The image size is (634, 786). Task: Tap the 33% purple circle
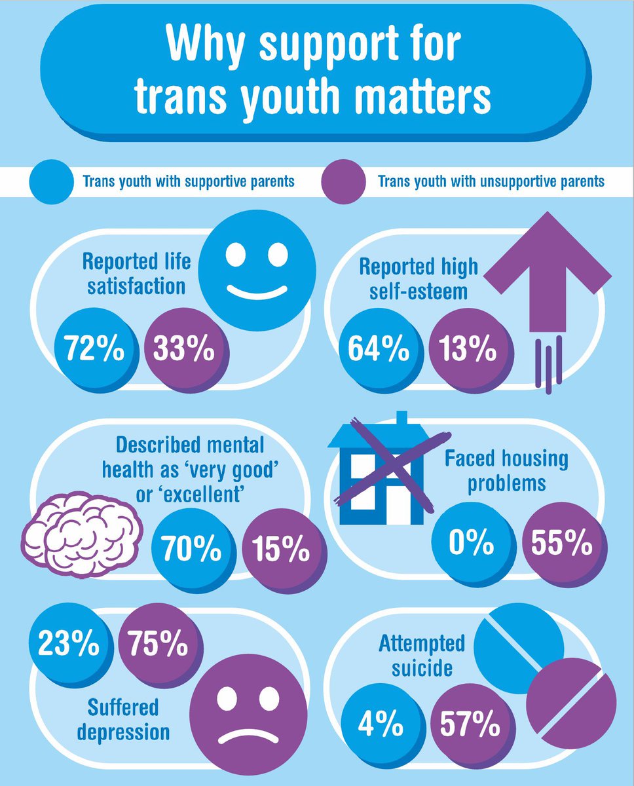(x=183, y=350)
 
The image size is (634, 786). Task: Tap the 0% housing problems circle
(x=470, y=542)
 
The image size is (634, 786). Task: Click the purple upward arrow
(x=550, y=288)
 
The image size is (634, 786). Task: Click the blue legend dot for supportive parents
(x=50, y=181)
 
